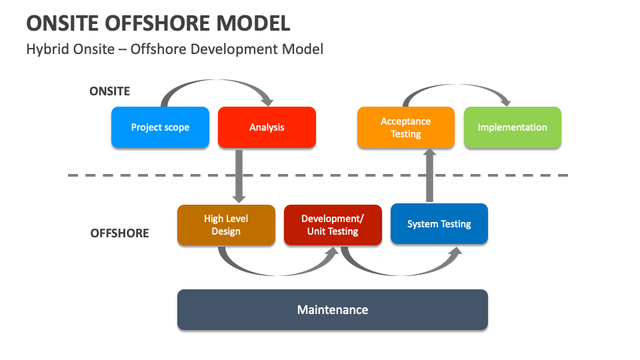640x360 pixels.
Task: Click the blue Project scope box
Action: point(160,127)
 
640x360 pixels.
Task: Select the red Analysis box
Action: point(267,127)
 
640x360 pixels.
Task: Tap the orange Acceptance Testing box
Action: point(405,127)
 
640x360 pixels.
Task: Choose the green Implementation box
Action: point(512,127)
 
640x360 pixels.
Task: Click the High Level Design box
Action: point(226,225)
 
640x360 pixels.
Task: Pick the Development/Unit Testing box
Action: point(333,225)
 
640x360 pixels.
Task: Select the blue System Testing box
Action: point(439,224)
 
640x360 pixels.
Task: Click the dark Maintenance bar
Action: point(332,310)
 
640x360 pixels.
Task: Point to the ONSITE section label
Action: point(110,91)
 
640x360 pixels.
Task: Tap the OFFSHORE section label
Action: point(120,233)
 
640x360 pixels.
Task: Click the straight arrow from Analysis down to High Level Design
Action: point(239,175)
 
